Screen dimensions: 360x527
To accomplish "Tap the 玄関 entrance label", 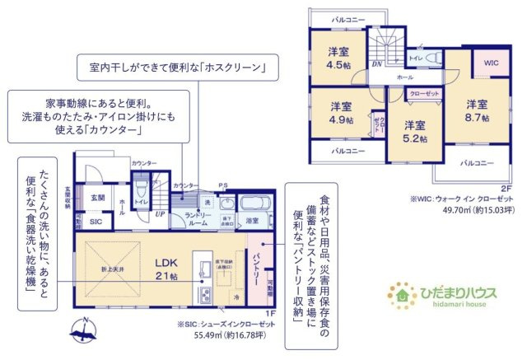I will [x=98, y=198].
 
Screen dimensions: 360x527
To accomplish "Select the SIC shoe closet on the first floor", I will [x=96, y=222].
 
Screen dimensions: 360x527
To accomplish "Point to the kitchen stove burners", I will [x=202, y=281].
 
